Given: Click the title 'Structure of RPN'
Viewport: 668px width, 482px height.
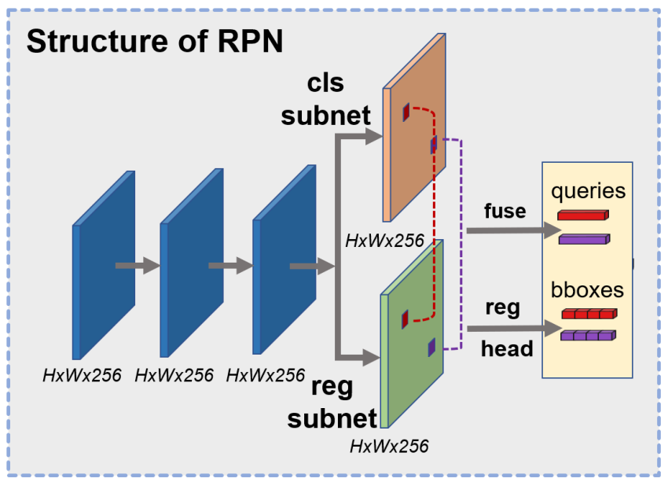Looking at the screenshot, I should (154, 41).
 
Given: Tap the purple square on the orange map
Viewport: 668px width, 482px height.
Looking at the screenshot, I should (433, 145).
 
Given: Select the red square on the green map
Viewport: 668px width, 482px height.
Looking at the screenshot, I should (405, 319).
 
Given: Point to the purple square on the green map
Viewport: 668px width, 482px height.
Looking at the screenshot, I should (431, 347).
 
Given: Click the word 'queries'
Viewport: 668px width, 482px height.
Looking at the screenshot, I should (588, 191).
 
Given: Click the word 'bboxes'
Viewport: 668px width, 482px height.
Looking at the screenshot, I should (587, 290).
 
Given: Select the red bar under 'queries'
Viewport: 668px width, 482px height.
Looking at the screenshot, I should (583, 215).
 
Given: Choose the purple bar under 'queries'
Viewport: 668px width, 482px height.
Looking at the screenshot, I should (583, 239).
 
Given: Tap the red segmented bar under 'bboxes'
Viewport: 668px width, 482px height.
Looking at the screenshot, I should (588, 315).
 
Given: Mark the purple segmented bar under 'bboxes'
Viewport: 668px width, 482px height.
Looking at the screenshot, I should (588, 336).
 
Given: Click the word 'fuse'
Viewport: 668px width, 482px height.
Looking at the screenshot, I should (505, 212).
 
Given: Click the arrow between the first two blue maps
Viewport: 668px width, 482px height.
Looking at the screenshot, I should (137, 265).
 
